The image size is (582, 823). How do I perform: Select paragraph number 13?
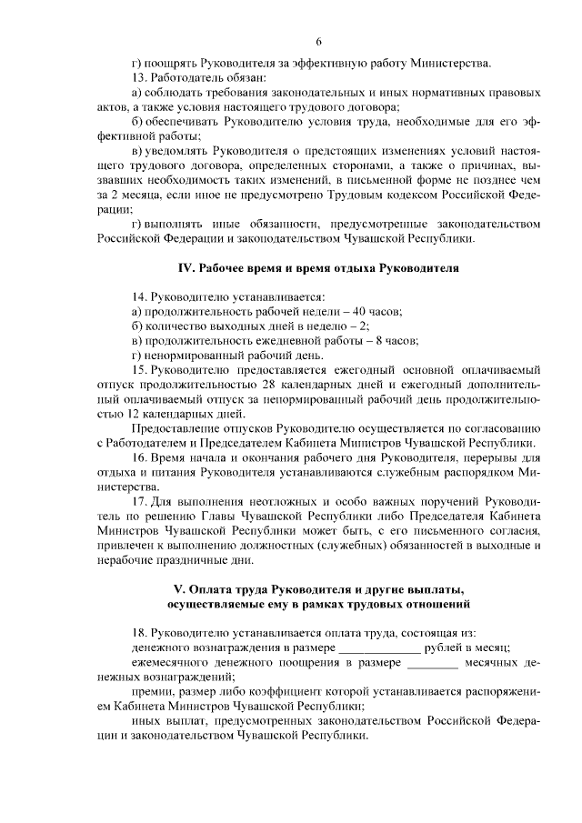coord(139,78)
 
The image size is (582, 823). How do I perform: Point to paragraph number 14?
coord(139,297)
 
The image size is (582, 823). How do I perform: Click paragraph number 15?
coord(139,371)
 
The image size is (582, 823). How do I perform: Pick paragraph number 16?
coord(139,458)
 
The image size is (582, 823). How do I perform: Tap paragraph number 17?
coord(139,502)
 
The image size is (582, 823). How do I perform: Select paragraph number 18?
coord(139,632)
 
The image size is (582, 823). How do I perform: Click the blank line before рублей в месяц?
coord(379,647)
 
